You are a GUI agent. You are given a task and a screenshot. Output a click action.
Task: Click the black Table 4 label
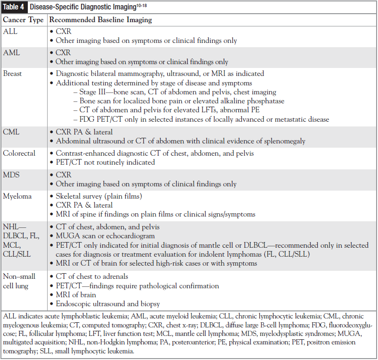pyautogui.click(x=14, y=8)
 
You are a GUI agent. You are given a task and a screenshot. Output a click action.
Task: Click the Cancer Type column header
pyautogui.click(x=23, y=20)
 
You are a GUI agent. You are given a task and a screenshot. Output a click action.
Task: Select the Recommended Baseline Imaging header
pyautogui.click(x=100, y=20)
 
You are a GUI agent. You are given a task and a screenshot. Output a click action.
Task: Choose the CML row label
pyautogui.click(x=12, y=132)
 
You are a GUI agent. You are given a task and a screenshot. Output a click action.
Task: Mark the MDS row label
pyautogui.click(x=12, y=175)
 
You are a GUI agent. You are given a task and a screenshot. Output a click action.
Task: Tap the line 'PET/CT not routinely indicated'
pyautogui.click(x=105, y=162)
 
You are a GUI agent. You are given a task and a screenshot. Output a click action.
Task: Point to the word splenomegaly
pyautogui.click(x=285, y=141)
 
